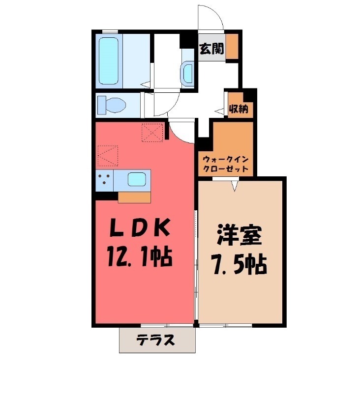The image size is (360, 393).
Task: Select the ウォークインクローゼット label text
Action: tap(227, 164)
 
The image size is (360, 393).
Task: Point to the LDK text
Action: tap(140, 229)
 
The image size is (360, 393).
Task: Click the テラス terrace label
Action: tap(156, 340)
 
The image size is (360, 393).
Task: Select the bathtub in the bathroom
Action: tap(108, 60)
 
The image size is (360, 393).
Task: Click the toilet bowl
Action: tap(111, 104)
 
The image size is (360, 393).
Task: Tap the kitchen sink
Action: tap(138, 179)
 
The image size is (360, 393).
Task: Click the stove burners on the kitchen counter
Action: tap(105, 180)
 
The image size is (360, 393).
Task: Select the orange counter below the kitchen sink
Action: tap(134, 197)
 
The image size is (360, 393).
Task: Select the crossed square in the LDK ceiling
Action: tap(152, 132)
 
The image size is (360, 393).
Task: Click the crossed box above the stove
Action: tap(108, 156)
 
